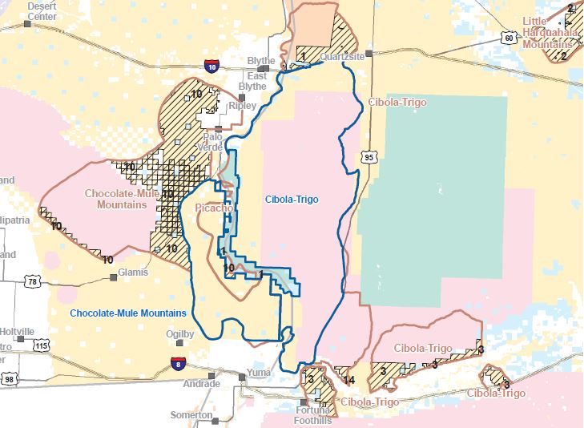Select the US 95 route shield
(x=369, y=158)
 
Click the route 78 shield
(x=31, y=281)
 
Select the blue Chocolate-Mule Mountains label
(x=128, y=313)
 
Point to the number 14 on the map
(x=348, y=380)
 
